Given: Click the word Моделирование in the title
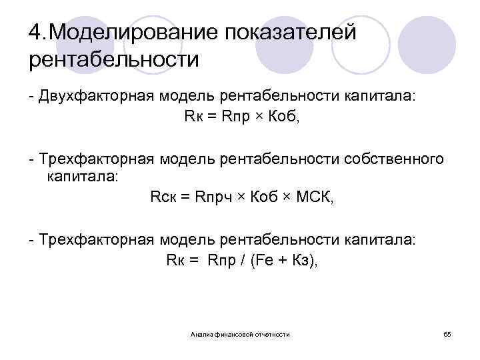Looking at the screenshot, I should [x=137, y=32].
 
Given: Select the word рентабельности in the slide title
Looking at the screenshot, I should [x=113, y=59].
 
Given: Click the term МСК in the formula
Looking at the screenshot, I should [x=311, y=197].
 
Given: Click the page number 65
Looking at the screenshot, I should [x=447, y=334].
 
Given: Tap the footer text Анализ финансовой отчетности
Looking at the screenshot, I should [x=240, y=334].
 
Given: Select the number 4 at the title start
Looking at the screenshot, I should [x=35, y=32].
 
